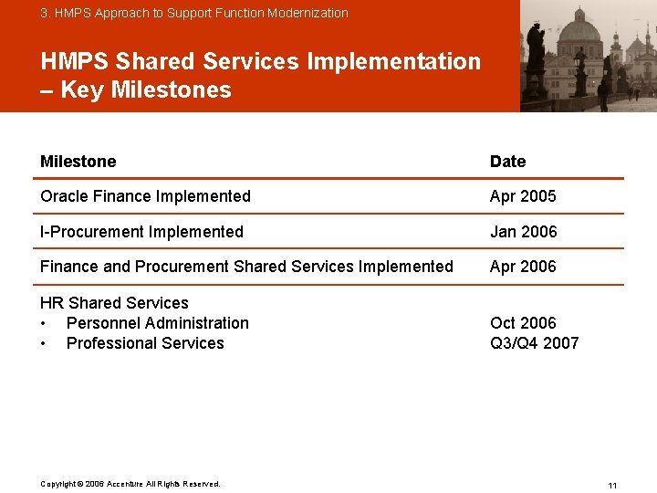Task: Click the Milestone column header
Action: tap(78, 162)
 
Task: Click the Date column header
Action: tap(507, 162)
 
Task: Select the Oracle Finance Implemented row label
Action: tap(145, 196)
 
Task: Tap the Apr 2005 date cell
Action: tap(523, 196)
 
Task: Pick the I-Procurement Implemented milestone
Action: tap(141, 232)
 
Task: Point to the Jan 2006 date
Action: tap(523, 232)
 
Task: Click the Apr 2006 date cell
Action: tap(523, 267)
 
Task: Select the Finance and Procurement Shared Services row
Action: tap(246, 267)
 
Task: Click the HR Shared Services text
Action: tap(114, 303)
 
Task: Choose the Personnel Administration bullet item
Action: tap(157, 323)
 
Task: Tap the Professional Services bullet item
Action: tap(145, 343)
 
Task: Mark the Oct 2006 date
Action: tap(523, 323)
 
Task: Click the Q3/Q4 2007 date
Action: tap(534, 343)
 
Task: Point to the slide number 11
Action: tap(612, 485)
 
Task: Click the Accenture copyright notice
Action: tap(130, 484)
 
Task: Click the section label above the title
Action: tap(193, 13)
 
